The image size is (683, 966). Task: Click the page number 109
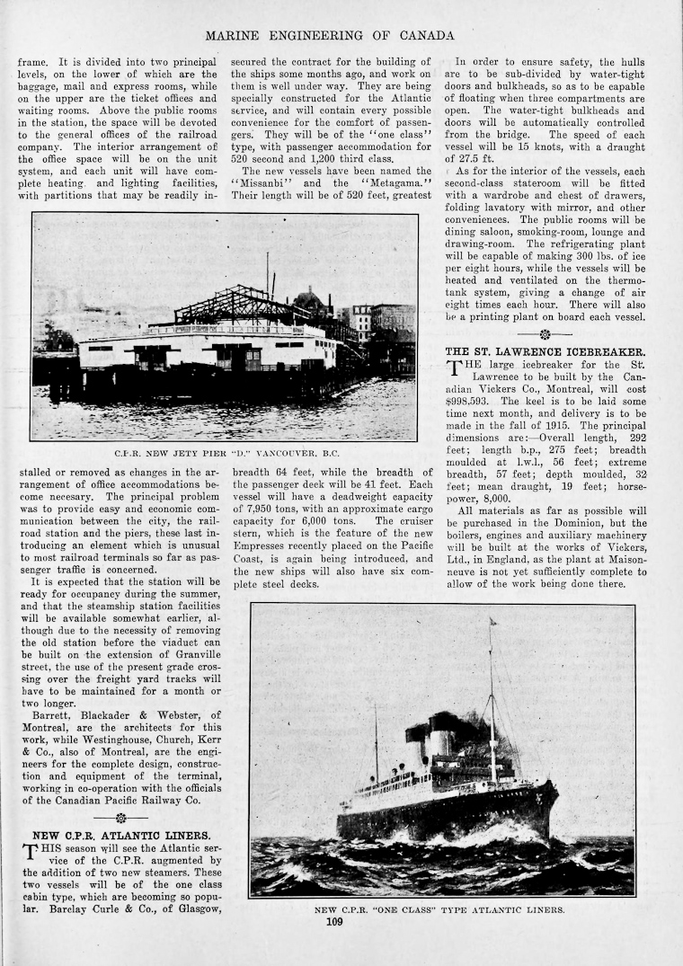tap(334, 921)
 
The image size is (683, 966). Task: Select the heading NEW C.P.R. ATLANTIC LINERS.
tap(121, 835)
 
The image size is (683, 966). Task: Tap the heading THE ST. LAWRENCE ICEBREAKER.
tap(545, 350)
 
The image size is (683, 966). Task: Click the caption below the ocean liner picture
tap(439, 909)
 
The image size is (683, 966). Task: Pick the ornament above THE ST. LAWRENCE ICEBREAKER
tap(545, 333)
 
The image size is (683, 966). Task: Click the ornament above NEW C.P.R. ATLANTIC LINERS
tap(120, 818)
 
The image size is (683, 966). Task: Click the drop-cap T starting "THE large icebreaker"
tap(456, 368)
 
